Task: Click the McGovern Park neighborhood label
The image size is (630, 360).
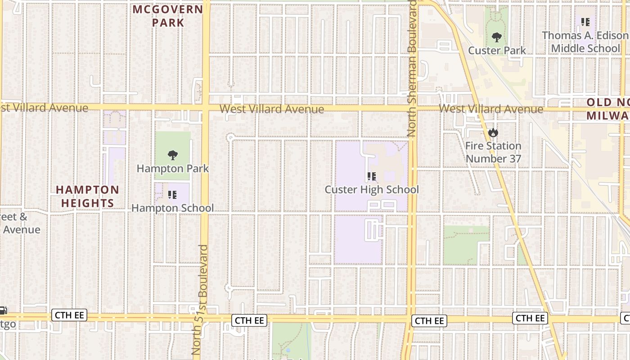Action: pyautogui.click(x=168, y=16)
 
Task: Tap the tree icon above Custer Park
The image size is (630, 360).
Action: pyautogui.click(x=497, y=37)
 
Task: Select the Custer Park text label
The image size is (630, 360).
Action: pyautogui.click(x=497, y=50)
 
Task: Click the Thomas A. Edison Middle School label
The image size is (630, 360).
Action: pyautogui.click(x=585, y=42)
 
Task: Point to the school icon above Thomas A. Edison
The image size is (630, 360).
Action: pyautogui.click(x=585, y=22)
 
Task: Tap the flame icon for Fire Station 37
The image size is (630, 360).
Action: pyautogui.click(x=493, y=133)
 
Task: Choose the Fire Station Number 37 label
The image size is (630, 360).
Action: pyautogui.click(x=493, y=152)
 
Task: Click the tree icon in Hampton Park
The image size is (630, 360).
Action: pyautogui.click(x=172, y=156)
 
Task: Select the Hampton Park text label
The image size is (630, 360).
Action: pyautogui.click(x=172, y=169)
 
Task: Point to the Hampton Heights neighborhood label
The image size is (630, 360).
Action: pyautogui.click(x=87, y=197)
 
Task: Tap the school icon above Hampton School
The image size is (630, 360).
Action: pyautogui.click(x=172, y=195)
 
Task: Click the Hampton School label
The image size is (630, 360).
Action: pyautogui.click(x=172, y=208)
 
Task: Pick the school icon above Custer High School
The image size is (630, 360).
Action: pyautogui.click(x=371, y=176)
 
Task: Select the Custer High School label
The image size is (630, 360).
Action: pyautogui.click(x=372, y=189)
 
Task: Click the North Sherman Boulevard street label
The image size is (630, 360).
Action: pyautogui.click(x=412, y=67)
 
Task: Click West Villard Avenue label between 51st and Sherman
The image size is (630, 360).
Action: pyautogui.click(x=271, y=109)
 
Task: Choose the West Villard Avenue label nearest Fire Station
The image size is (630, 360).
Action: pyautogui.click(x=490, y=109)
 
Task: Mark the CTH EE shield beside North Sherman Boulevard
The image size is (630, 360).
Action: pyautogui.click(x=429, y=321)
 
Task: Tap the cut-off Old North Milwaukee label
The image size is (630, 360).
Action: pyautogui.click(x=607, y=109)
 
